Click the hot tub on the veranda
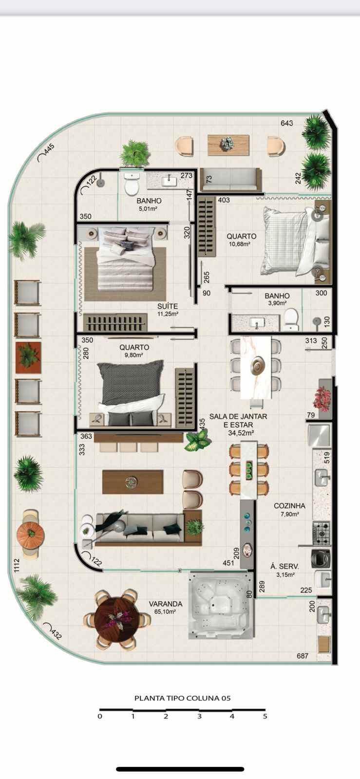pos(221,606)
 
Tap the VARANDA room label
pos(165,604)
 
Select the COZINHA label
pos(289,506)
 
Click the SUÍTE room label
pos(167,306)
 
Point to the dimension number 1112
pos(17,565)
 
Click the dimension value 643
pos(287,123)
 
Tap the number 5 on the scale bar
pos(265,716)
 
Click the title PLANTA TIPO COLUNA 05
pos(183,698)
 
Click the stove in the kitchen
pos(322,533)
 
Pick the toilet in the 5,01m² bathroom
pos(132,184)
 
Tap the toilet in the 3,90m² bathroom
pos(291,319)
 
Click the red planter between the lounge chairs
pos(29,357)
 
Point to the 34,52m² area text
pos(241,433)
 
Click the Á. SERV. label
pos(284,567)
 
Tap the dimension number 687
pos(302,656)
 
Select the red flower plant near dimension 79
pos(322,399)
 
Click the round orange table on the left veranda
pos(31,533)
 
